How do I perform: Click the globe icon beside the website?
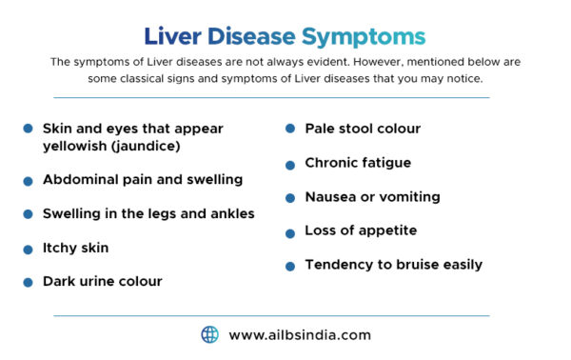pos(209,334)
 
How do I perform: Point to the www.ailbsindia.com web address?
pos(300,335)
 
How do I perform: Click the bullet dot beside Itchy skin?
pos(29,249)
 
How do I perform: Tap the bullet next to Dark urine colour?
pos(29,282)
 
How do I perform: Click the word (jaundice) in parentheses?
pos(143,147)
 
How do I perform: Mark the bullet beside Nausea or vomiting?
pos(290,198)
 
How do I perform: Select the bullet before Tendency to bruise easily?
pos(290,266)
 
